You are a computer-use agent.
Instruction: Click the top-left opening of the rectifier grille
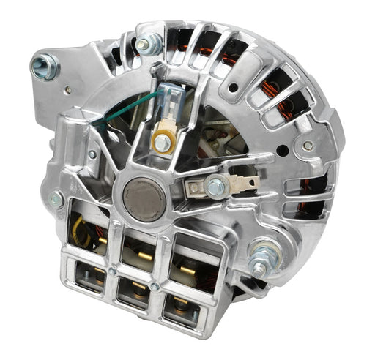point(88,223)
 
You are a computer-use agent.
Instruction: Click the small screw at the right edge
point(308,146)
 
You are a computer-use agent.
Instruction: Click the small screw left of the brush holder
point(93,154)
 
